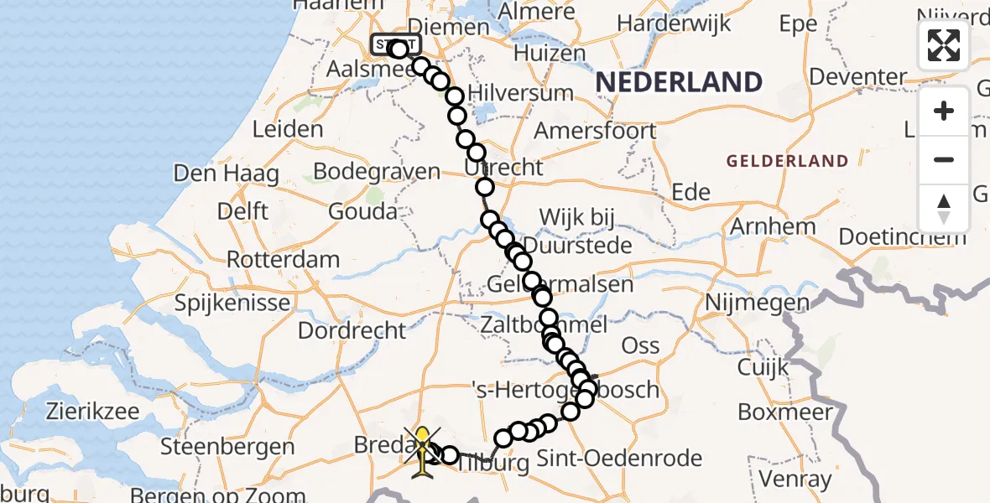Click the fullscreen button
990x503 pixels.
(x=944, y=45)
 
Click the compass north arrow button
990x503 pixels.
(x=944, y=209)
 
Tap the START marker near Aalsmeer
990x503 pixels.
(x=393, y=45)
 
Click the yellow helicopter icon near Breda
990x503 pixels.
(x=425, y=451)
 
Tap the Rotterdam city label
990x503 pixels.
(x=283, y=259)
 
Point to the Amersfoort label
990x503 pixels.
(x=595, y=131)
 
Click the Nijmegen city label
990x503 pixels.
(x=758, y=302)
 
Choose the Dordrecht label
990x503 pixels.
(x=352, y=330)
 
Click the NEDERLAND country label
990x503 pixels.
(x=679, y=82)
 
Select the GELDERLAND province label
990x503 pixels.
(x=787, y=161)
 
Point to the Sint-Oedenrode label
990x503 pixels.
(x=618, y=459)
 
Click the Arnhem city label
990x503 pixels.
(x=773, y=226)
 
